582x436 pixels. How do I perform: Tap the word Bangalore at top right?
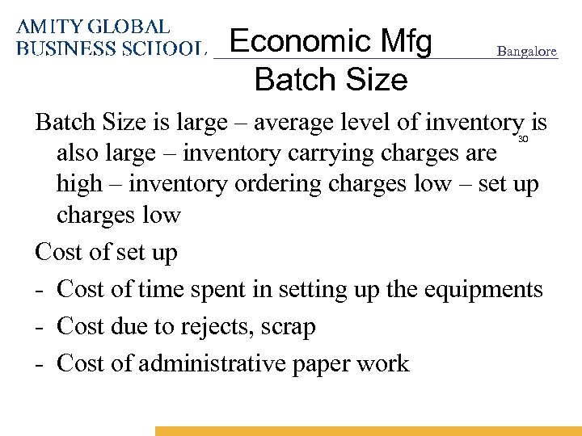tap(527, 51)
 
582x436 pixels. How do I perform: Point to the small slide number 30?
tap(522, 140)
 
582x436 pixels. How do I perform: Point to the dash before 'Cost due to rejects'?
tap(40, 327)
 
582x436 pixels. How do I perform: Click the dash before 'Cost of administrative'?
tap(40, 364)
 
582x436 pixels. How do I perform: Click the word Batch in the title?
tap(286, 80)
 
